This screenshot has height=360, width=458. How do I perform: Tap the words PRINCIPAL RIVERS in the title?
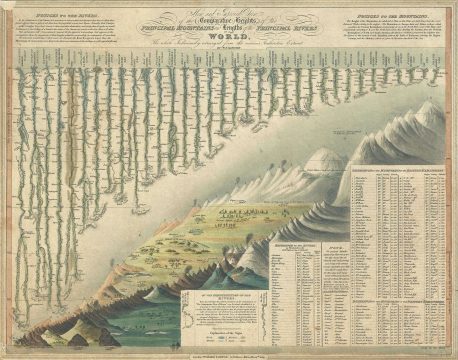291,32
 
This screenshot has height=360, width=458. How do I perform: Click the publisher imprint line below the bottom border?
228,352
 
